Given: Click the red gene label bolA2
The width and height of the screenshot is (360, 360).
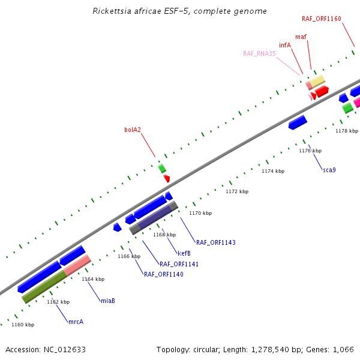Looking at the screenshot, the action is click(133, 130).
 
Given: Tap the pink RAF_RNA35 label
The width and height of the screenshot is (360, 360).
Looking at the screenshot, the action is click(259, 53).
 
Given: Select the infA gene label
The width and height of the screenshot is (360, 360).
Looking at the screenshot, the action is click(285, 45).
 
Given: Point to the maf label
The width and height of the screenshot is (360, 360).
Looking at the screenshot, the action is click(301, 37).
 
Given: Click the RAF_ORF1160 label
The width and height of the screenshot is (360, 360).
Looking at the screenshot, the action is click(322, 19).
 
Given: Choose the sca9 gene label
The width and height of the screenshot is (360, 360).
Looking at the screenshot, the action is click(329, 170).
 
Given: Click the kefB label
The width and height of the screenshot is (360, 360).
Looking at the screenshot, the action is click(184, 253).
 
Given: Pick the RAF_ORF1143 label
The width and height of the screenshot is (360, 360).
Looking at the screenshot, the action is click(216, 242).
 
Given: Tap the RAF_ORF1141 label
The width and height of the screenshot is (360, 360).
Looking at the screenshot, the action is click(179, 264).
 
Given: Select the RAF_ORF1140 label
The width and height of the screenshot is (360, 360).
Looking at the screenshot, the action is click(163, 274).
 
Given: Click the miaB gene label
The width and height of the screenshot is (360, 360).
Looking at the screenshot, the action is click(108, 301).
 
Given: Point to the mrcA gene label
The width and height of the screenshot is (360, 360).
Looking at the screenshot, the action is click(76, 322).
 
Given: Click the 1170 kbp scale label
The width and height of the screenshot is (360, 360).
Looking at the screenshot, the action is click(200, 213).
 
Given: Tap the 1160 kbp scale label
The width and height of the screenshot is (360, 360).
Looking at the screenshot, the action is click(23, 325).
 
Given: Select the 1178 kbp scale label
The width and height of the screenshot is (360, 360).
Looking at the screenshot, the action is click(347, 131).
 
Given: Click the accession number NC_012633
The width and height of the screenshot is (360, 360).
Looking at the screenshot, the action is click(65, 350).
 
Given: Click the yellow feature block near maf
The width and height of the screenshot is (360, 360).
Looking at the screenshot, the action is click(317, 81).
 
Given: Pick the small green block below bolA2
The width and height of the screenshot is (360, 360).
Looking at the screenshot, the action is click(162, 169).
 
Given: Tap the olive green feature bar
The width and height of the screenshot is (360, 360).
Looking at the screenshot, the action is click(44, 287).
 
